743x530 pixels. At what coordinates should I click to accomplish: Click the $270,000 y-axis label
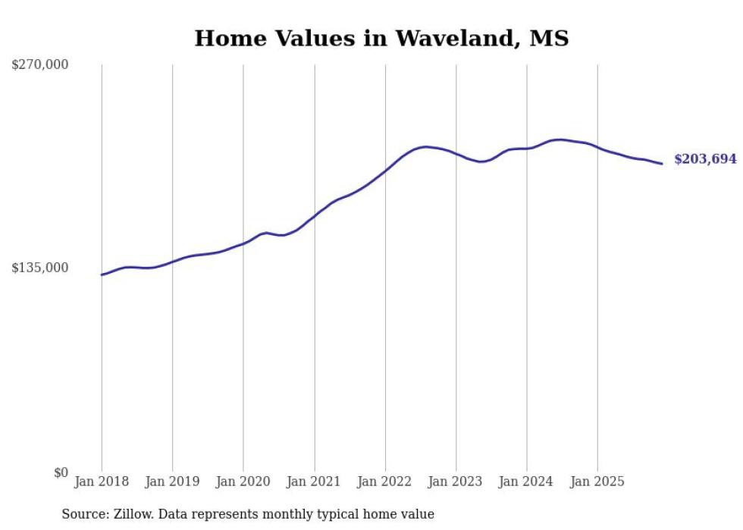tap(39, 65)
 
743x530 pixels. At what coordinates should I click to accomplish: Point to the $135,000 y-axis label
tap(39, 268)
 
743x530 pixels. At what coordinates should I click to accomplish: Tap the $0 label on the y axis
tap(61, 472)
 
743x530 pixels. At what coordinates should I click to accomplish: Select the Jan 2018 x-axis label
tap(102, 481)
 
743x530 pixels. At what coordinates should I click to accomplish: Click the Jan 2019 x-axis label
tap(172, 481)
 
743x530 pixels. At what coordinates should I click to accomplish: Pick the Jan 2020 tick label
tap(243, 481)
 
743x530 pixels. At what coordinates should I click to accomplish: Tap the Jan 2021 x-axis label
tap(314, 481)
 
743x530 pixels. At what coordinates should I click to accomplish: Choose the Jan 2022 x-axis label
tap(385, 481)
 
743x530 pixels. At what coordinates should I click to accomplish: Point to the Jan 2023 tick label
tap(456, 481)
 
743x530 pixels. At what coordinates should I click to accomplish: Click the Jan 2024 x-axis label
tap(527, 481)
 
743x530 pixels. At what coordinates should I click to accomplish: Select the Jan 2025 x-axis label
tap(597, 481)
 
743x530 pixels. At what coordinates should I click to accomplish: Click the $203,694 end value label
tap(705, 159)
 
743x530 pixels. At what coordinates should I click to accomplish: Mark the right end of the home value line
tap(662, 164)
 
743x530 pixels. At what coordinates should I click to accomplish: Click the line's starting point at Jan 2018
tap(102, 274)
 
